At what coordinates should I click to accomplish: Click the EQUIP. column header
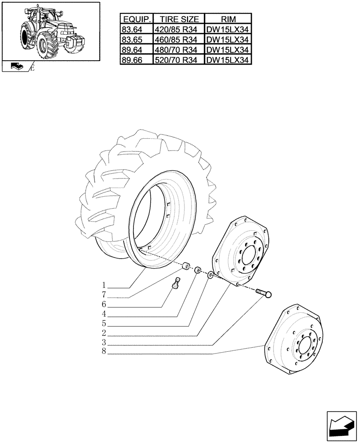(x=137, y=19)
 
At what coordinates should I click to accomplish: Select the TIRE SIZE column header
(x=179, y=19)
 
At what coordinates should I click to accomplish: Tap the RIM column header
(x=228, y=19)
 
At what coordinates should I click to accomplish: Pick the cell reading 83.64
(x=132, y=30)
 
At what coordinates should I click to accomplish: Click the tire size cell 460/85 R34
(x=179, y=39)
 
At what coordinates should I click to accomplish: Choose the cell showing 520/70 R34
(x=179, y=60)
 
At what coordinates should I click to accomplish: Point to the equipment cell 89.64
(x=132, y=50)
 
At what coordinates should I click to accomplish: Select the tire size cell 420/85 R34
(x=179, y=30)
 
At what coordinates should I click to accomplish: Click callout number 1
(x=103, y=284)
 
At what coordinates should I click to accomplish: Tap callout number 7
(x=103, y=295)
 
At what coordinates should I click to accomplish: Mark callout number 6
(x=103, y=305)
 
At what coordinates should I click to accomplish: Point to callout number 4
(x=103, y=315)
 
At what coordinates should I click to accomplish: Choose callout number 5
(x=103, y=325)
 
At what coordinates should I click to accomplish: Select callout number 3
(x=103, y=344)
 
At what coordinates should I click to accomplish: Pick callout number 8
(x=103, y=353)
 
